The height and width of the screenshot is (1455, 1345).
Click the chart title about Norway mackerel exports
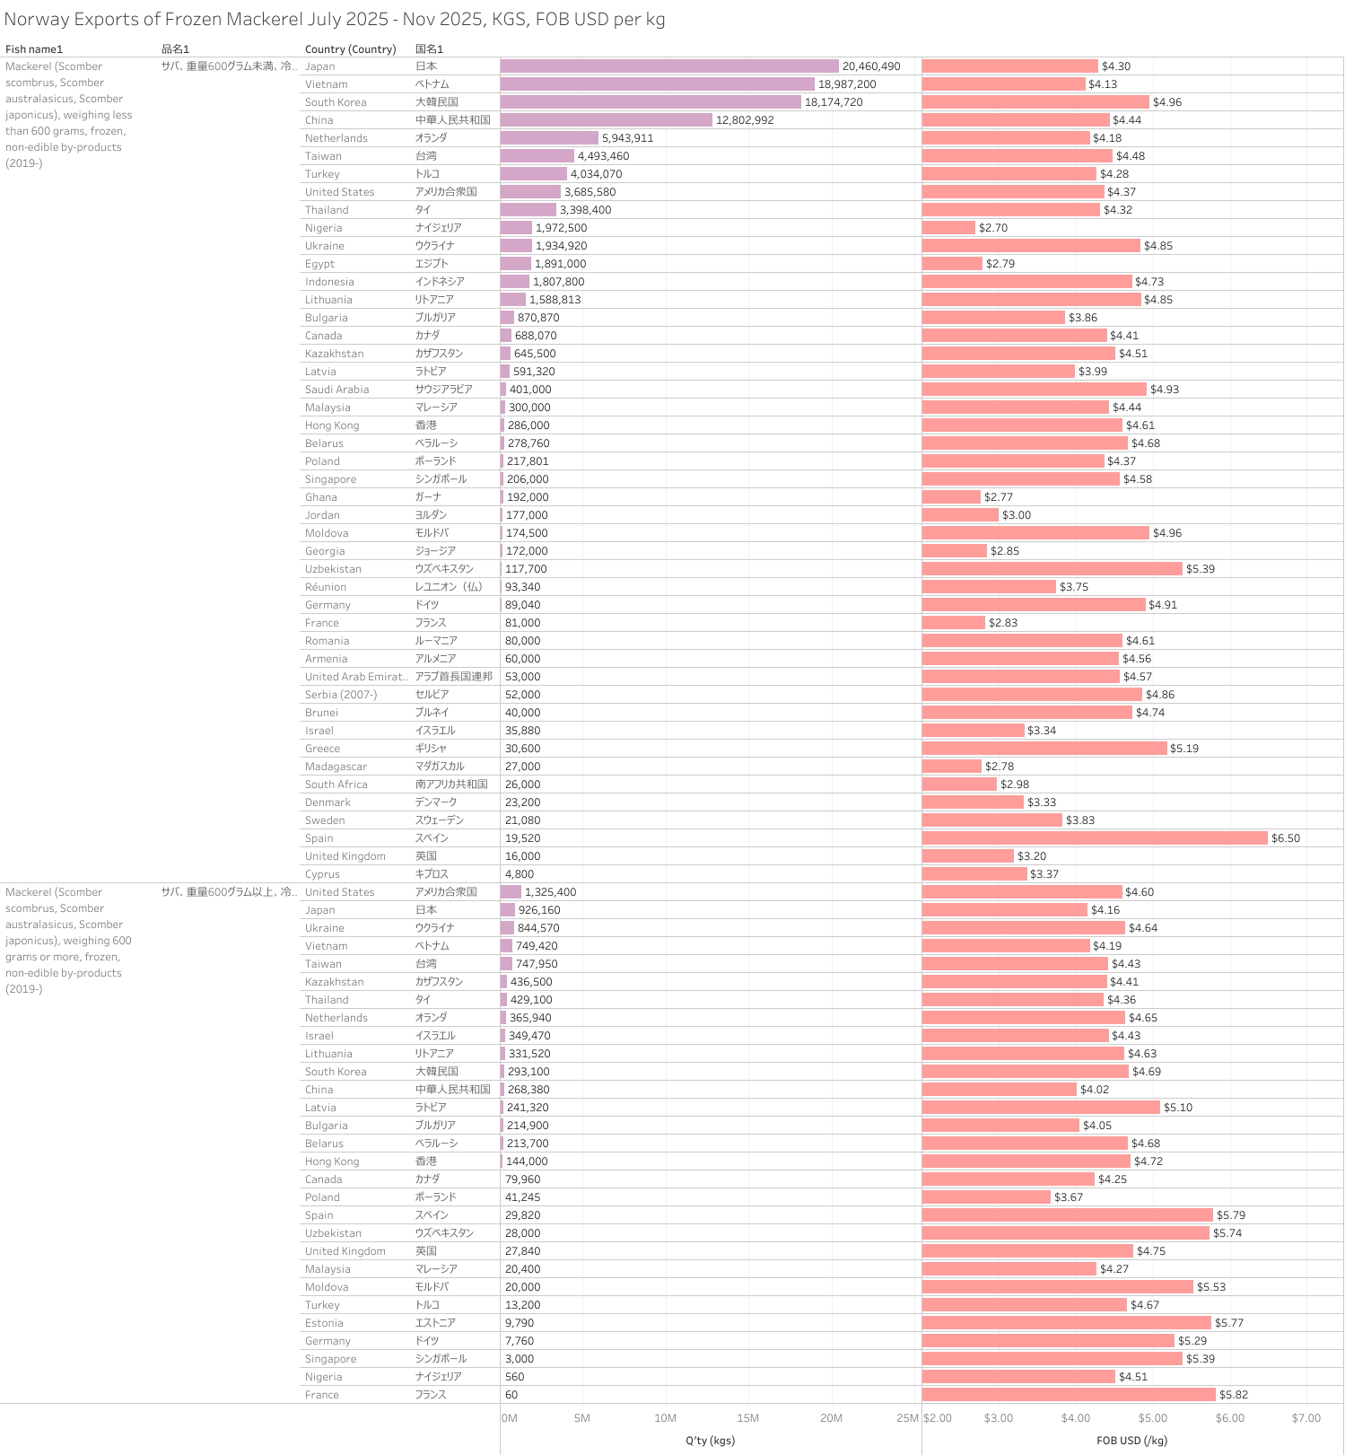[334, 20]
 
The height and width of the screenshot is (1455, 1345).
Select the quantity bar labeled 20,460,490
[669, 66]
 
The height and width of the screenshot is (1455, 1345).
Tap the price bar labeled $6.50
[1095, 838]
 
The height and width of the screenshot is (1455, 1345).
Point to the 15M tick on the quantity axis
[747, 1418]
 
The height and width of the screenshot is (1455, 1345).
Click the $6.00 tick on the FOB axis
[1229, 1418]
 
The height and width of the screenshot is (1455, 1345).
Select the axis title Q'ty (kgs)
[710, 1441]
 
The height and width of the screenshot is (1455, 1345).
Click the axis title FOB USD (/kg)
[1131, 1441]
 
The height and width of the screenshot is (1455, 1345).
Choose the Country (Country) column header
[350, 49]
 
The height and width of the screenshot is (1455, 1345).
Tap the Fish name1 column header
[34, 49]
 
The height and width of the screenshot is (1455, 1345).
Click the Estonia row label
[324, 1323]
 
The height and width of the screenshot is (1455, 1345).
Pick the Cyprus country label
[322, 874]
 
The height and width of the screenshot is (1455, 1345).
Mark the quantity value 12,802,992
[745, 120]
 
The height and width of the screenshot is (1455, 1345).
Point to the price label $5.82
[1234, 1395]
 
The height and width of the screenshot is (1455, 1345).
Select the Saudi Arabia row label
[336, 390]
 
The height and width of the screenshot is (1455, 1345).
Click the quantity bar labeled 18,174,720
[651, 102]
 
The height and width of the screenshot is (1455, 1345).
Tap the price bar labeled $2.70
[948, 228]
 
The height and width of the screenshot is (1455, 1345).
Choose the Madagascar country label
[336, 767]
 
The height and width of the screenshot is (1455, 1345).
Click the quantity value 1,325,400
[550, 892]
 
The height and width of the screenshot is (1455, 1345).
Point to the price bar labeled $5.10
[1041, 1108]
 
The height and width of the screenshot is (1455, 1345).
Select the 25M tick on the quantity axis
[907, 1418]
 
